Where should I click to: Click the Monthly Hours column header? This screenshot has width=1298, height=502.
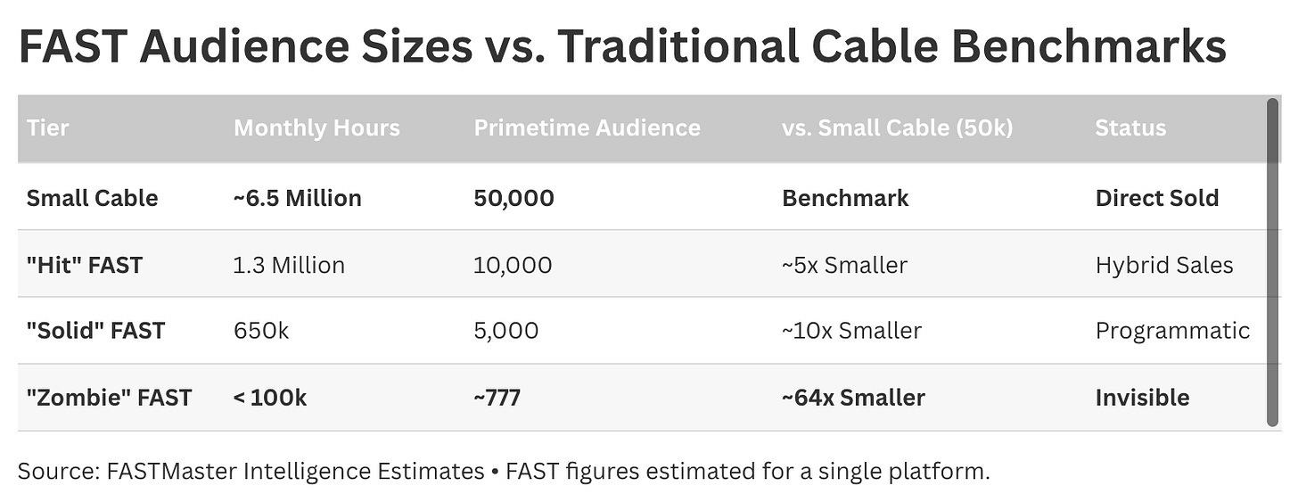316,128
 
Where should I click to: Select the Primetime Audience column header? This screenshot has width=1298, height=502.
587,128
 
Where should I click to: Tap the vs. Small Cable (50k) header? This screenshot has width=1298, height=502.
897,128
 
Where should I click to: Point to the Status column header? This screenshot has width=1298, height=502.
1130,128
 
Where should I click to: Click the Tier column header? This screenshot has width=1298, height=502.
47,128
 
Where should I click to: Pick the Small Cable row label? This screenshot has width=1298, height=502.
92,198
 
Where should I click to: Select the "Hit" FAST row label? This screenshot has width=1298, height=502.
85,266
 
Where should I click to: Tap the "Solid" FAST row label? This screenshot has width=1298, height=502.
95,331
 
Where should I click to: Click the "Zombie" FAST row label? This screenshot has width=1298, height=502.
109,399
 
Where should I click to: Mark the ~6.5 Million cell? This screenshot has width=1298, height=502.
297,198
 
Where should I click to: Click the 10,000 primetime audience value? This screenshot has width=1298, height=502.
513,266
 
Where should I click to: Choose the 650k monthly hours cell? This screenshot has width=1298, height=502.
260,331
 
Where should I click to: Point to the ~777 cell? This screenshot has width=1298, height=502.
497,399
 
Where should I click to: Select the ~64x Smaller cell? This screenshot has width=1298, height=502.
853,399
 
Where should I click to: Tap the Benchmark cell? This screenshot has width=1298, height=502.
845,198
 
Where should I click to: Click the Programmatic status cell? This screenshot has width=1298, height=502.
1172,331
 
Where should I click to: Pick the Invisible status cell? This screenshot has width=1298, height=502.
1142,399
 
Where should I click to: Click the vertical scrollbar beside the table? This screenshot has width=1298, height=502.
1272,263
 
